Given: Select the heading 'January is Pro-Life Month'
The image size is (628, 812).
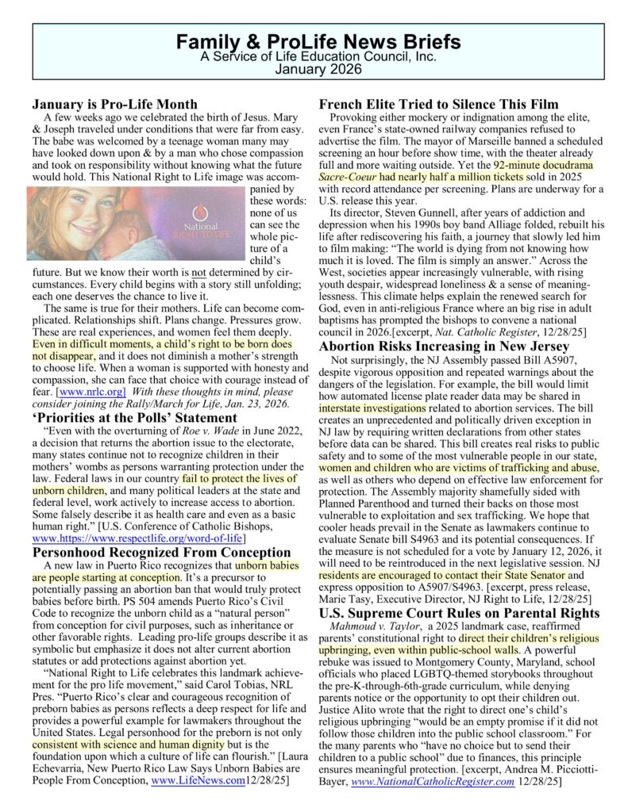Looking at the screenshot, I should (114, 103).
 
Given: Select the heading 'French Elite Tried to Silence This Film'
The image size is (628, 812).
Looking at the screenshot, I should (439, 104).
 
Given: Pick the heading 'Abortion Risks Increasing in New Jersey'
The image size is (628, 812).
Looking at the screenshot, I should (444, 347).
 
